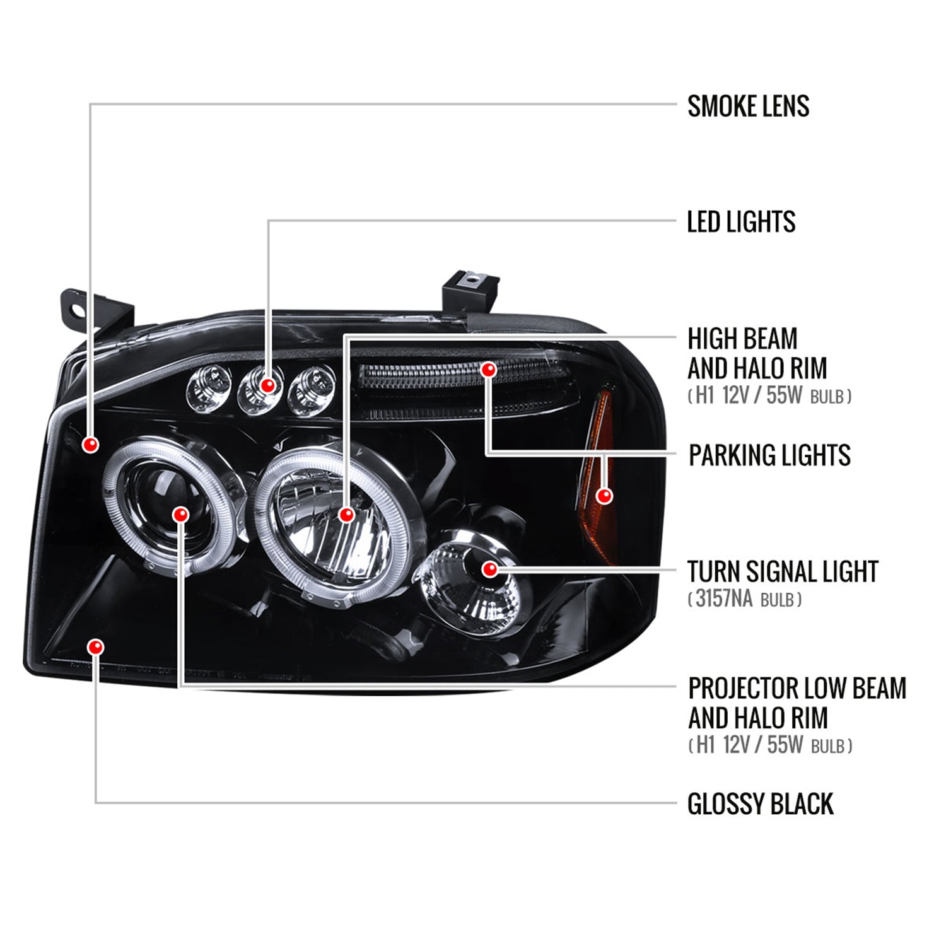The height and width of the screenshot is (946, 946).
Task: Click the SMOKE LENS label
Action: [x=748, y=106]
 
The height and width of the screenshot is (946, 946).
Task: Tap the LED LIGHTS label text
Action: [x=741, y=222]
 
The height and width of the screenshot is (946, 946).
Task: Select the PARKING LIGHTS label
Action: [x=769, y=455]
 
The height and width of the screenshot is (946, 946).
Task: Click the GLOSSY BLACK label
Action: [x=760, y=804]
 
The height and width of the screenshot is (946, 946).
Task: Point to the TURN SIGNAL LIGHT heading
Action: [x=783, y=571]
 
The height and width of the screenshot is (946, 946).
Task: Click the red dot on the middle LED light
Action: [x=268, y=385]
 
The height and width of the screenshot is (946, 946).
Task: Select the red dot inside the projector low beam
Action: [x=182, y=515]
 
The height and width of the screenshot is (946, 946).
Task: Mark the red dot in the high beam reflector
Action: [x=346, y=515]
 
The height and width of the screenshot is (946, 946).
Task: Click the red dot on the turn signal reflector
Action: [x=490, y=569]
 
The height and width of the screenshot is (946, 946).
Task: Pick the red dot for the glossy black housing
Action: [x=96, y=647]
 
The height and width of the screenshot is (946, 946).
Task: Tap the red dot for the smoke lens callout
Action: [x=91, y=445]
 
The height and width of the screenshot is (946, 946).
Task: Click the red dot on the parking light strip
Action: [x=488, y=370]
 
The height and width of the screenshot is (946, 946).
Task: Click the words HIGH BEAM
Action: [x=742, y=339]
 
